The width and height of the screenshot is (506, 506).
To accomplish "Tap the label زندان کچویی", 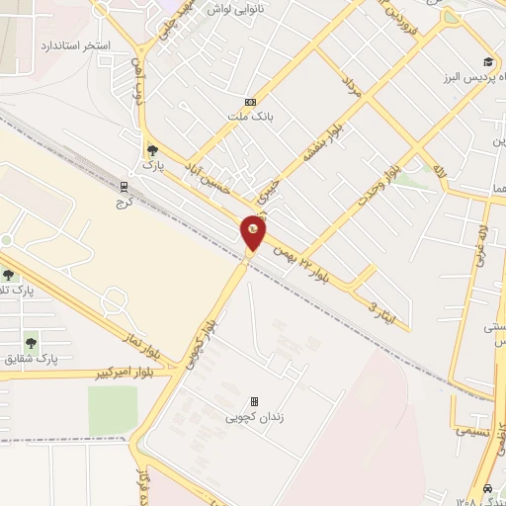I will click(255, 417).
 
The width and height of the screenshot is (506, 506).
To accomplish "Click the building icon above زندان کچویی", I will click(255, 401).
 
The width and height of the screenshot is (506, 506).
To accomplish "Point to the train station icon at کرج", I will click(125, 185).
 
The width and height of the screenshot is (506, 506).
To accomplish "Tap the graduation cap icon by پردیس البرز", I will click(487, 61).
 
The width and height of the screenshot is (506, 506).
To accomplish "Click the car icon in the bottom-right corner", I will click(488, 489).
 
